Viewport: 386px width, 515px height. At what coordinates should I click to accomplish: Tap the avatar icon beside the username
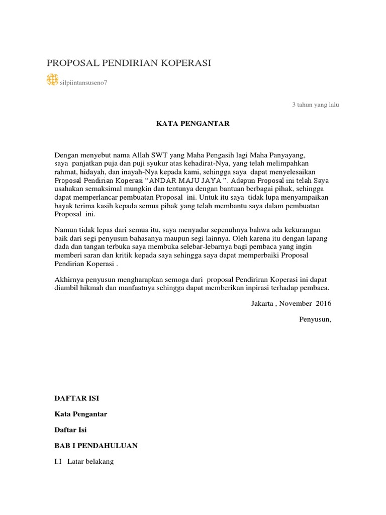(x=52, y=79)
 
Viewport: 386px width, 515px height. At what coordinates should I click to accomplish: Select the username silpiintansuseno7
(x=83, y=83)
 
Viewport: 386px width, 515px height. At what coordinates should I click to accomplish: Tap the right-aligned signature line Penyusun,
(x=315, y=319)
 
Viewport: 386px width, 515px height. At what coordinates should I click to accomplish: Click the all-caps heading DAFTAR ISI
(x=76, y=398)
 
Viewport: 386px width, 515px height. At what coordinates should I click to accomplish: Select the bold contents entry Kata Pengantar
(x=80, y=414)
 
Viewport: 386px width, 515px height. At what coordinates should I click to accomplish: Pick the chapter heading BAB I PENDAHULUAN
(x=95, y=446)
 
